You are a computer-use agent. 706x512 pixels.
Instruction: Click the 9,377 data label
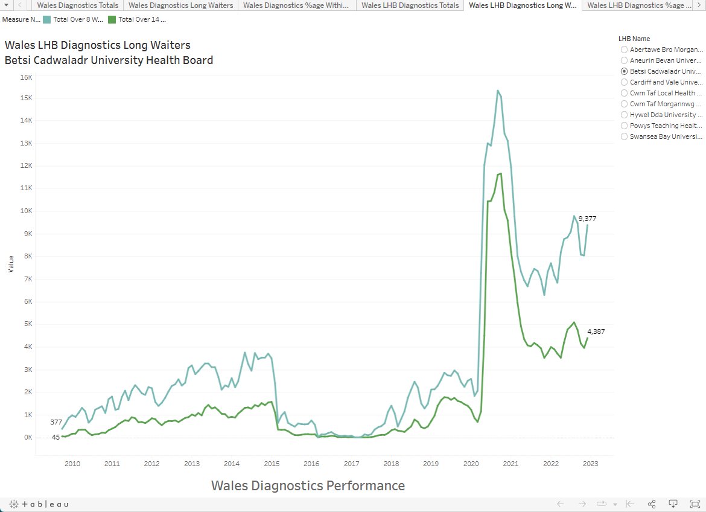587,219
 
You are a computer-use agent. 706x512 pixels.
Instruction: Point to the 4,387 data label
596,331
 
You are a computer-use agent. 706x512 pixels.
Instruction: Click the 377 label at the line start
56,422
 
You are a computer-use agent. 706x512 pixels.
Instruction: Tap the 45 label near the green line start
56,437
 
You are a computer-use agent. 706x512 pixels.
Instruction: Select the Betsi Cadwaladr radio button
624,71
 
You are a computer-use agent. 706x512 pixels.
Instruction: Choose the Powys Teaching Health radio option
624,126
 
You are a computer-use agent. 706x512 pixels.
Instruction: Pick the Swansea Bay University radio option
624,136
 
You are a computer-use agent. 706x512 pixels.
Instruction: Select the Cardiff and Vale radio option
624,82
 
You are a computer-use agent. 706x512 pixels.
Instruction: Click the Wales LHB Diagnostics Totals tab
410,5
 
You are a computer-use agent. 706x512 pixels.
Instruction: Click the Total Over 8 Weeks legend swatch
47,19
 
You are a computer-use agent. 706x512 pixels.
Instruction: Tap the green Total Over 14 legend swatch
112,19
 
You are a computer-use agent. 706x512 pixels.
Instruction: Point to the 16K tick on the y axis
26,77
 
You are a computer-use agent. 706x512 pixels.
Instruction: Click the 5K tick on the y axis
28,324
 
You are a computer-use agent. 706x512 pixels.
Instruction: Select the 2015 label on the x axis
272,464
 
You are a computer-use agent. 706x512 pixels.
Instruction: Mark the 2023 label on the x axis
590,464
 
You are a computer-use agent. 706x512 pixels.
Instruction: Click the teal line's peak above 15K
498,91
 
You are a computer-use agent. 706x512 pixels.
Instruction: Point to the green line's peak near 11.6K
500,174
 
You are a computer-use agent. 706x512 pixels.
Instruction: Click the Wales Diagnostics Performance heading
308,486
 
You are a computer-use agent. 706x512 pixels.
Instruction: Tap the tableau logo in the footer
39,504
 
